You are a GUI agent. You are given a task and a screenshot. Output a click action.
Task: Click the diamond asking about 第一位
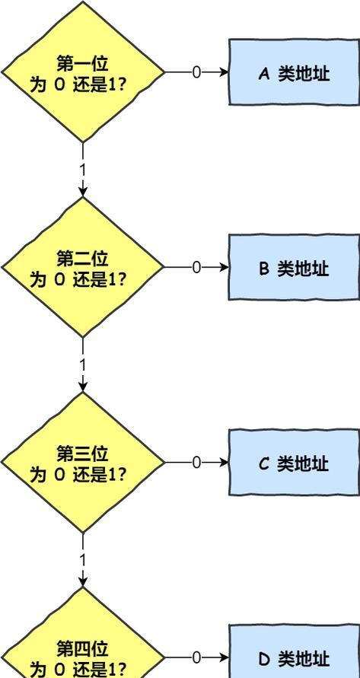(x=83, y=72)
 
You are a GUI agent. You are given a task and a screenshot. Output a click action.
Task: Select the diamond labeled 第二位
(x=83, y=267)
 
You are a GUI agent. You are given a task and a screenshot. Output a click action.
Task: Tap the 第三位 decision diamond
(x=83, y=462)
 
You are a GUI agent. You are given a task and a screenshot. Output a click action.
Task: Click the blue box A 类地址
(x=295, y=72)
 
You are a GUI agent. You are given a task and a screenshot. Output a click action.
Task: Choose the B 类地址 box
(x=295, y=267)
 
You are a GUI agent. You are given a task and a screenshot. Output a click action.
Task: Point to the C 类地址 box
(x=295, y=462)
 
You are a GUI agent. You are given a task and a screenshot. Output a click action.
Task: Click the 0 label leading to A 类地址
(x=196, y=72)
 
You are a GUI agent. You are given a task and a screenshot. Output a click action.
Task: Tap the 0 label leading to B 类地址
(x=196, y=268)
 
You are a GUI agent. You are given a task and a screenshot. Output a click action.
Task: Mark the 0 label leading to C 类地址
(x=196, y=463)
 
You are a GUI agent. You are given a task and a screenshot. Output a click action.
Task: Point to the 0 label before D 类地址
(x=196, y=657)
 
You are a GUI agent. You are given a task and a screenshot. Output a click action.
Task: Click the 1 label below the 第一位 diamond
(x=83, y=170)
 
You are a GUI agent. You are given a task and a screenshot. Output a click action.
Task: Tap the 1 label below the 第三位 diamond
(x=83, y=560)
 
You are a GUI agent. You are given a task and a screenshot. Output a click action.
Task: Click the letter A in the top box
(x=264, y=75)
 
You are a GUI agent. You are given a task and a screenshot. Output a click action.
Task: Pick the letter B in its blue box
(x=264, y=269)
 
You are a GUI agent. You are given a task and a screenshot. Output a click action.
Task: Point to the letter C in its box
(x=264, y=464)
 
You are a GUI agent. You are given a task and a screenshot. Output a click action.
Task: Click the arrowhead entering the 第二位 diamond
(x=83, y=192)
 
